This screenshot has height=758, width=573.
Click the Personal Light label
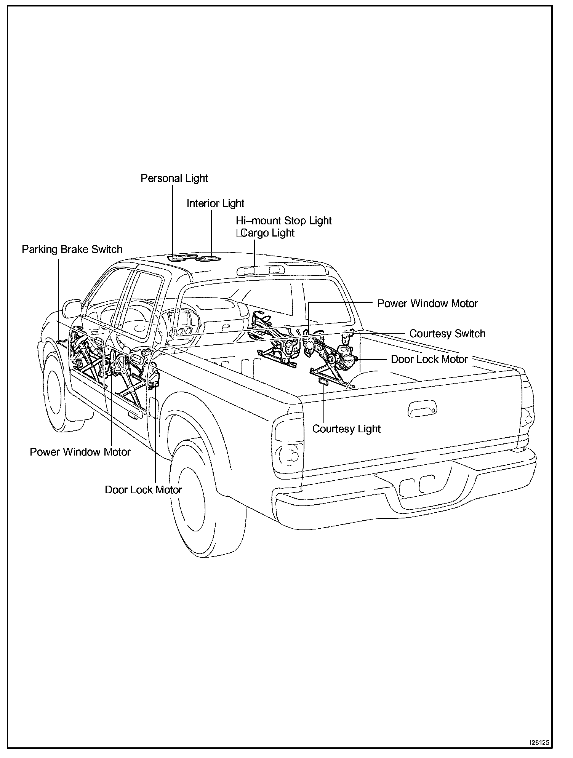point(174,178)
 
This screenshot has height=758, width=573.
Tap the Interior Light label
point(215,203)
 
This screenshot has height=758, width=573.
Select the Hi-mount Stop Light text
point(284,221)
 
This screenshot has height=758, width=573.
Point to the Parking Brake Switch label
point(72,249)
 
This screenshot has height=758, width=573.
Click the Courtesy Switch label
point(447,334)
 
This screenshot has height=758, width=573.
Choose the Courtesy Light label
point(346,429)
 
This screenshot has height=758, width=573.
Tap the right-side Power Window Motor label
point(427,304)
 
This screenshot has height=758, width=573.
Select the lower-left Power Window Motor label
point(80,452)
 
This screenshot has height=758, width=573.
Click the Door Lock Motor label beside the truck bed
point(429,360)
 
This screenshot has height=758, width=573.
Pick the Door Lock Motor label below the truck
point(143,490)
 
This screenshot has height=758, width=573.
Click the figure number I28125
point(539,743)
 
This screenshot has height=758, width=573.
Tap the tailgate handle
point(423,408)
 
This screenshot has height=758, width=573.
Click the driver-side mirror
point(72,308)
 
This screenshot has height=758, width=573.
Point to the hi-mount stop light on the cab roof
point(261,270)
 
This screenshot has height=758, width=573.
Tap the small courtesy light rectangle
point(324,382)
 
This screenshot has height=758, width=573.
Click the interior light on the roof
point(208,259)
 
